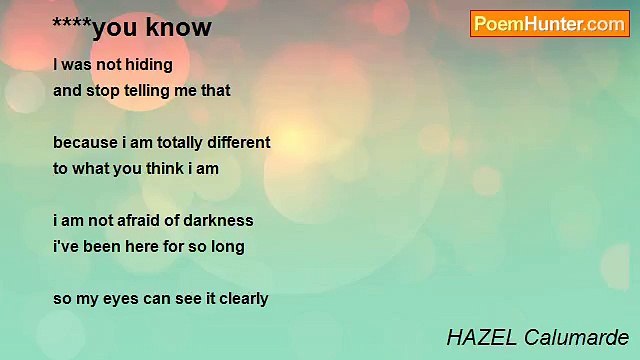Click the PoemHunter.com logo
coord(549,24)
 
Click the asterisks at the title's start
coord(71,25)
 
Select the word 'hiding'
coord(150,65)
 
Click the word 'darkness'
coord(218,220)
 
